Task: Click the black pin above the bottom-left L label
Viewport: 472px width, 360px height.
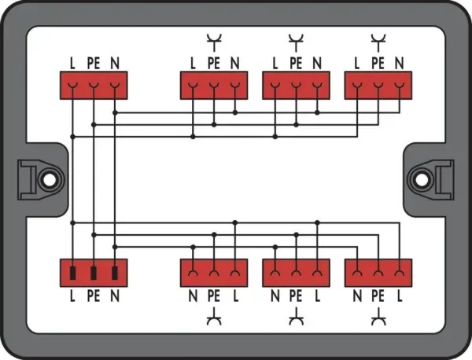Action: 72,273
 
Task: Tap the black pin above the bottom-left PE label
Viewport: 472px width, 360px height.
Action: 94,273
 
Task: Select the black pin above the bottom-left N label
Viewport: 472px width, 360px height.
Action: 115,273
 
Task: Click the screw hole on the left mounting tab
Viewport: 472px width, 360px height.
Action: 50,180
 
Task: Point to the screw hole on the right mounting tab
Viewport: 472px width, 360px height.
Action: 422,180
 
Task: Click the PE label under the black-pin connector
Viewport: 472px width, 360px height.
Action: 94,296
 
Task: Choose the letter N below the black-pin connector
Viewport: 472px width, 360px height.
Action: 115,296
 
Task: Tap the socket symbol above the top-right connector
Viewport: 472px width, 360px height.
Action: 378,42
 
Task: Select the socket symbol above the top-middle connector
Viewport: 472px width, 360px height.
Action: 297,42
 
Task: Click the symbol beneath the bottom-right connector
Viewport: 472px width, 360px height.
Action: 378,318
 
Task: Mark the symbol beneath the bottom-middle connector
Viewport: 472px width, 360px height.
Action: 297,318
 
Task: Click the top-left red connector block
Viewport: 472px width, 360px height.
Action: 94,86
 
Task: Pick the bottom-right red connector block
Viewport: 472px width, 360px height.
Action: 378,273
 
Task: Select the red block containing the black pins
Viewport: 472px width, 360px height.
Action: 94,273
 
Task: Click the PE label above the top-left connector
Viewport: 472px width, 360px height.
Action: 94,63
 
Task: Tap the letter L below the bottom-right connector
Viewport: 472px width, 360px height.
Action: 400,296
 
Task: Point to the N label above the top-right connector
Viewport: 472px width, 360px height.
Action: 399,63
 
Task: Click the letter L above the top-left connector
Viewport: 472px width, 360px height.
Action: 72,63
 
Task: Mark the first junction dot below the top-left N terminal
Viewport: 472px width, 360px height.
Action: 115,112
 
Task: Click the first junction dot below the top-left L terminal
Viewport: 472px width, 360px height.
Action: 72,137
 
